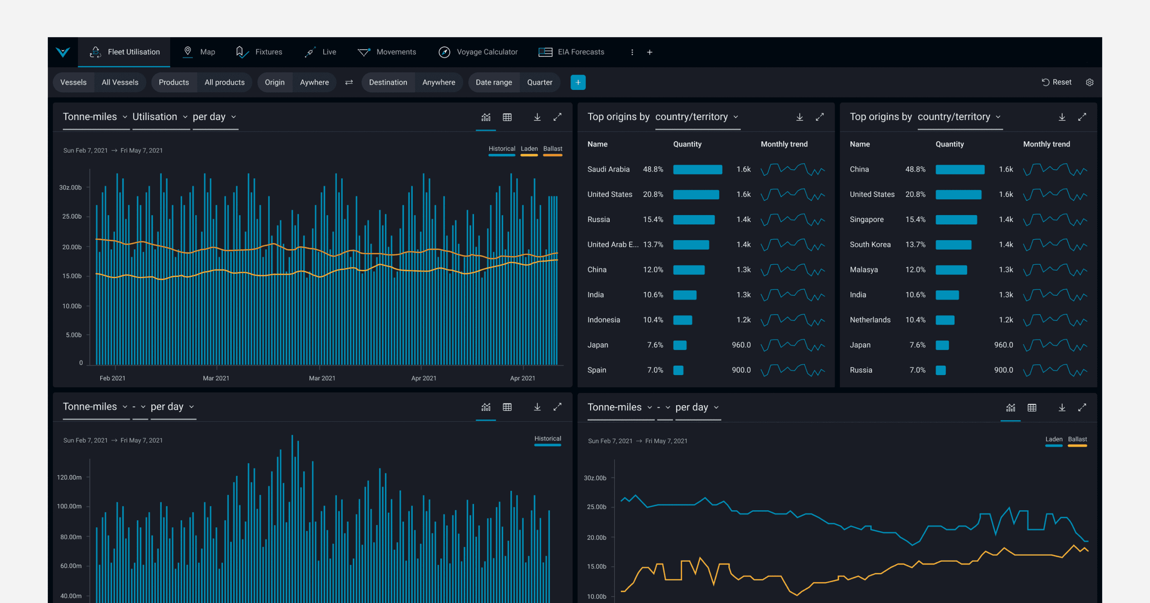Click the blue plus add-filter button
pyautogui.click(x=578, y=83)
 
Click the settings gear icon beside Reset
pyautogui.click(x=1090, y=82)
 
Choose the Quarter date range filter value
pyautogui.click(x=539, y=82)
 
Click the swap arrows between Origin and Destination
pyautogui.click(x=349, y=82)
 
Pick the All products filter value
pyautogui.click(x=224, y=82)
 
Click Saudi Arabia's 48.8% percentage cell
pyautogui.click(x=652, y=169)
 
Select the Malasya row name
pyautogui.click(x=863, y=269)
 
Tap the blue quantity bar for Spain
pyautogui.click(x=678, y=370)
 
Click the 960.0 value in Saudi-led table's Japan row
pyautogui.click(x=741, y=345)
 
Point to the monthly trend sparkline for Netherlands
pyautogui.click(x=1055, y=320)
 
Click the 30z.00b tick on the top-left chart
pyautogui.click(x=70, y=187)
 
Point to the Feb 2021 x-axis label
pyautogui.click(x=112, y=378)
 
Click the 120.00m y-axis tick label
pyautogui.click(x=69, y=477)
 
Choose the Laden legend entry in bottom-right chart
pyautogui.click(x=1054, y=439)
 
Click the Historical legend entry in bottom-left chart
pyautogui.click(x=547, y=439)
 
